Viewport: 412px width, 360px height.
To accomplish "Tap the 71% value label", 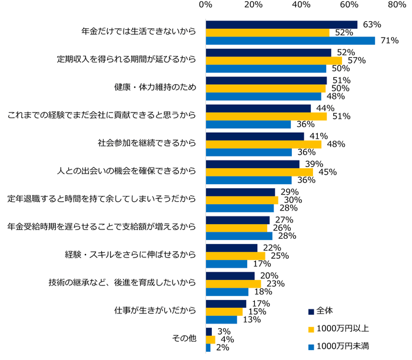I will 389,41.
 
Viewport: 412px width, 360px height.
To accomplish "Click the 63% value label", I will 371,25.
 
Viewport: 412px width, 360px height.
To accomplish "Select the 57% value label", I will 357,61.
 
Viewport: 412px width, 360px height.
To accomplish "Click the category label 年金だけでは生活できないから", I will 138,32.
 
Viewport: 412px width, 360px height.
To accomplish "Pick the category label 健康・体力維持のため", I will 155,88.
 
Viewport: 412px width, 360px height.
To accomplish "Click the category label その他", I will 183,339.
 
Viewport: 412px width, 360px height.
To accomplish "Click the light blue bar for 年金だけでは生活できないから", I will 290,41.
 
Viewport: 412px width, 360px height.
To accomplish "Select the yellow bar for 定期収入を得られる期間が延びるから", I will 274,60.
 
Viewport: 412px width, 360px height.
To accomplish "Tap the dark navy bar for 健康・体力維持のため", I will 266,80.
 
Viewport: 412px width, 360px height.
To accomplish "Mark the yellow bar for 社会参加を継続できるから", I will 263,144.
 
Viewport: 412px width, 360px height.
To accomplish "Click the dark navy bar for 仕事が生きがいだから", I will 226,304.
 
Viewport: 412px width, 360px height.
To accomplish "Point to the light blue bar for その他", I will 208,348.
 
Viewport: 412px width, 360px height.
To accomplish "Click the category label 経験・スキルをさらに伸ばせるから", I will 130,255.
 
